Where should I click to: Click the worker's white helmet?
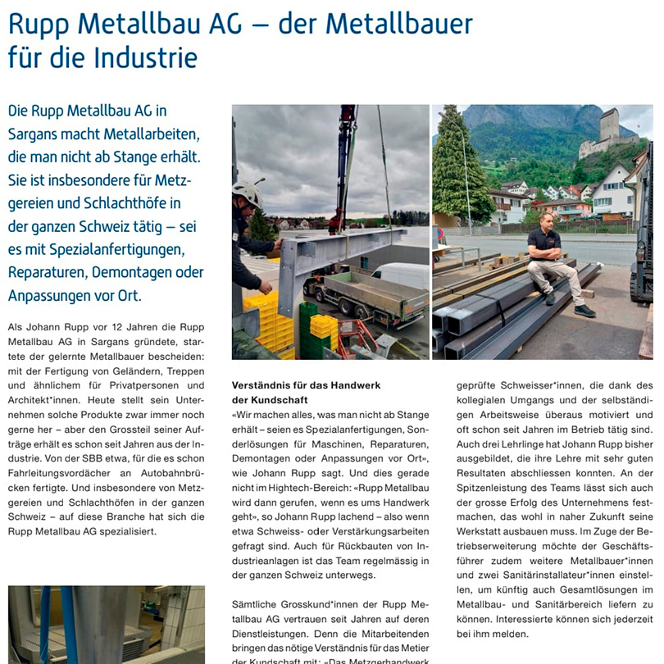click(246, 193)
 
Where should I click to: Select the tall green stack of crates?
click(307, 330)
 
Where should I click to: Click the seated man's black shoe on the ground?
click(584, 311)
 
